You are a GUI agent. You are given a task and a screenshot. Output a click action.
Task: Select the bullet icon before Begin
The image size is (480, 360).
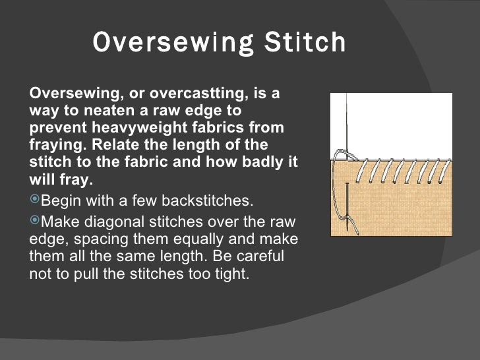click(x=35, y=200)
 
